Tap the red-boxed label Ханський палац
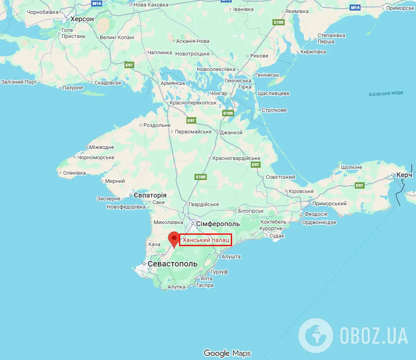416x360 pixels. pyautogui.click(x=206, y=240)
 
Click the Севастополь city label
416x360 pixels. pyautogui.click(x=172, y=264)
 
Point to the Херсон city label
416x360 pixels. pyautogui.click(x=82, y=19)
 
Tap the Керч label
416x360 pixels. pyautogui.click(x=405, y=175)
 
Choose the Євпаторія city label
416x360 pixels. pyautogui.click(x=150, y=195)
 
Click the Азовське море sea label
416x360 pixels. pyautogui.click(x=386, y=93)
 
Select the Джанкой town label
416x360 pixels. pyautogui.click(x=231, y=132)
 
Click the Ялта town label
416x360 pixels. pyautogui.click(x=206, y=278)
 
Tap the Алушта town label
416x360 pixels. pyautogui.click(x=231, y=257)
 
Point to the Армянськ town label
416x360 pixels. pyautogui.click(x=173, y=83)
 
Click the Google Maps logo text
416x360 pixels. pyautogui.click(x=227, y=353)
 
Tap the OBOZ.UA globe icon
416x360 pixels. pyautogui.click(x=315, y=336)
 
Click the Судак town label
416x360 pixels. pyautogui.click(x=277, y=236)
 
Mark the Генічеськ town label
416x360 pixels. pyautogui.click(x=267, y=75)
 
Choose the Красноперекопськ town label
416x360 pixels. pyautogui.click(x=193, y=103)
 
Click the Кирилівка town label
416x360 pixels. pyautogui.click(x=313, y=52)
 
